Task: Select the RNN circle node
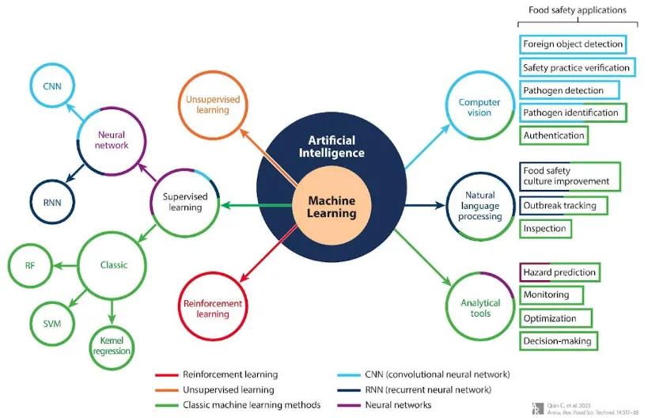pyautogui.click(x=54, y=201)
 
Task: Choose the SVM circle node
pyautogui.click(x=52, y=323)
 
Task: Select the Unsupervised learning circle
pyautogui.click(x=207, y=105)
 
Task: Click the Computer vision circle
pyautogui.click(x=479, y=107)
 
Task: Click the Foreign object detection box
pyautogui.click(x=572, y=44)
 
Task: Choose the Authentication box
pyautogui.click(x=554, y=135)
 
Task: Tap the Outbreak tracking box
pyautogui.click(x=559, y=205)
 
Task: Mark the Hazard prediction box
pyautogui.click(x=559, y=272)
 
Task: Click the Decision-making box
pyautogui.click(x=556, y=341)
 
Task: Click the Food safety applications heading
pyautogui.click(x=577, y=10)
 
